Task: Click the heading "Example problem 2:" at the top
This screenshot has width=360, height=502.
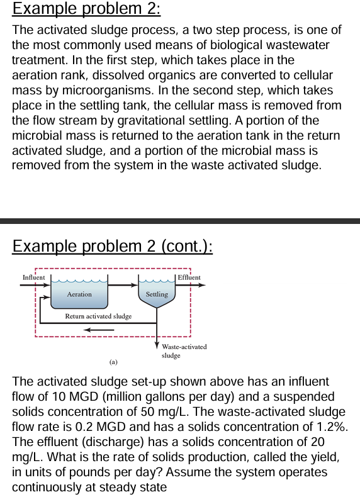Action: point(87,9)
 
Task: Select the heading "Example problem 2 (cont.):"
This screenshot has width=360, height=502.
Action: point(113,245)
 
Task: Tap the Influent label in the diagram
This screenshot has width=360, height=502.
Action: point(33,277)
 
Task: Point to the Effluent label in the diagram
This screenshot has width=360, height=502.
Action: point(189,277)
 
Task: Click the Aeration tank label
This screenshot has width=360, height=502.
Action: point(79,294)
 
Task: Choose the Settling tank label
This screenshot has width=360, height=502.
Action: point(157,294)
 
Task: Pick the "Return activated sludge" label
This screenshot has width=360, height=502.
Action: point(98,316)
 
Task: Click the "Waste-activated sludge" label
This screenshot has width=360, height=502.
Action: point(184,350)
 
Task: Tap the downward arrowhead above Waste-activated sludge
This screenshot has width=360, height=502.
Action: point(157,343)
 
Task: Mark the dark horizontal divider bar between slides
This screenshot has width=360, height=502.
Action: point(180,221)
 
